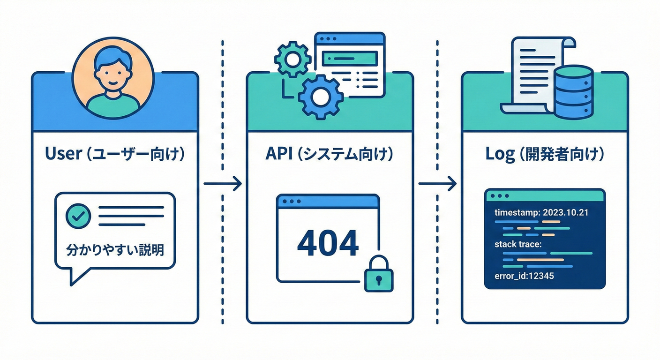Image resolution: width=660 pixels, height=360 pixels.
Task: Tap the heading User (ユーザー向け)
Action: coord(115,154)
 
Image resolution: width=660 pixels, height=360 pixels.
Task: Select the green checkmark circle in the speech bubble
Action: coord(77,216)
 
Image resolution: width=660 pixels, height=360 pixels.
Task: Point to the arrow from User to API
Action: coord(223,183)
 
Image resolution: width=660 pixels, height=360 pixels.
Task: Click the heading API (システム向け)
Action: coord(330,154)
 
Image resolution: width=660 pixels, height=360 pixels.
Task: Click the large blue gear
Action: coord(321,97)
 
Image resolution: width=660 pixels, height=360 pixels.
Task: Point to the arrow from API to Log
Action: coord(437,183)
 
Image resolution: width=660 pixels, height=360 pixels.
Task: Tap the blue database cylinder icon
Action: coord(573,92)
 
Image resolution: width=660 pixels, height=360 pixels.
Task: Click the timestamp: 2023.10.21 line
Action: coord(541,212)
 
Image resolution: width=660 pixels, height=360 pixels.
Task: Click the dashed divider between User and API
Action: coord(223,117)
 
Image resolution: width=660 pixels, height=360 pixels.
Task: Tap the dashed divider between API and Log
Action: coord(437,117)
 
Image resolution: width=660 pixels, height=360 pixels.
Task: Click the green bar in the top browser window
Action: coord(351,58)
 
